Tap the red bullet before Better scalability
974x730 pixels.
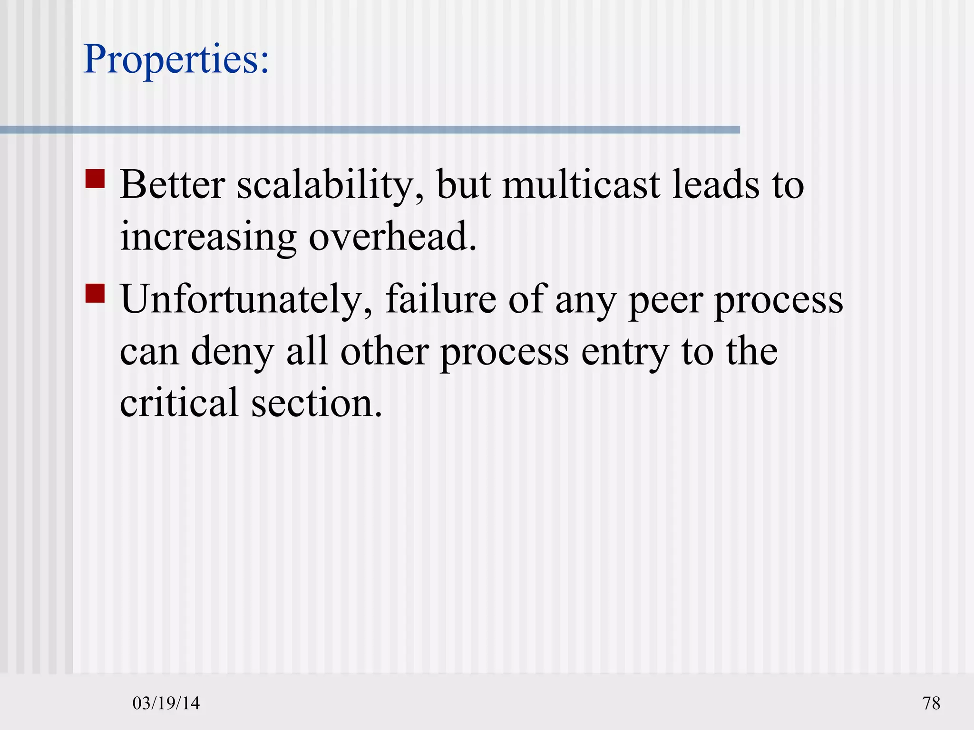click(95, 179)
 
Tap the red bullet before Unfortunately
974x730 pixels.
click(95, 293)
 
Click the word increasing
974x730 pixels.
click(208, 238)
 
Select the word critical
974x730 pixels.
click(179, 403)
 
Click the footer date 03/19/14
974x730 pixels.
click(166, 703)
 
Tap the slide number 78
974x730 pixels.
click(931, 703)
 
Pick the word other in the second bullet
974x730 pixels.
click(385, 352)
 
